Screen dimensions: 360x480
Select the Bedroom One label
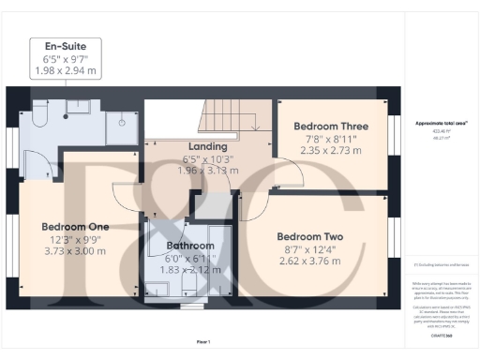(75, 227)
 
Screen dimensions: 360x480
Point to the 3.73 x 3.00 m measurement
(75, 250)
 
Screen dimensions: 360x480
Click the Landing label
(208, 146)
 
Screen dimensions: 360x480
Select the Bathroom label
(185, 246)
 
